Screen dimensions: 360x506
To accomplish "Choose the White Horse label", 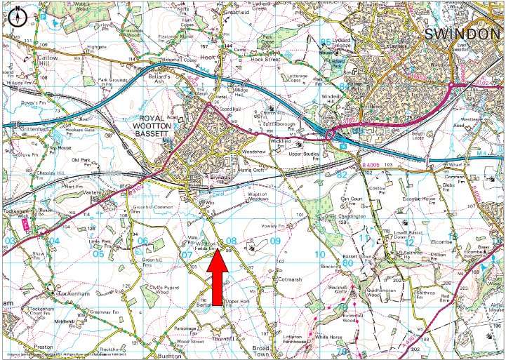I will (328, 338).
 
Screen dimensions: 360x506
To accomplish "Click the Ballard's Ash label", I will (167, 73).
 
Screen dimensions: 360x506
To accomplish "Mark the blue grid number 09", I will (275, 241).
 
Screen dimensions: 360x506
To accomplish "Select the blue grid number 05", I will (98, 253).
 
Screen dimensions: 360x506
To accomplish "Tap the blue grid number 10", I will (320, 254).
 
